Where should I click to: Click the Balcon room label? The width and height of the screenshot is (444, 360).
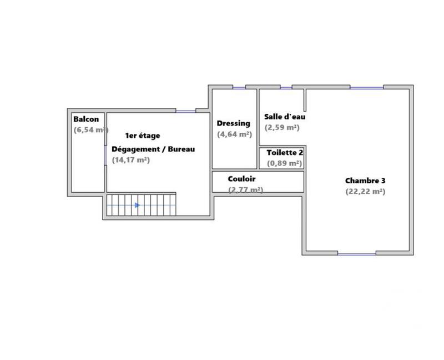click(x=86, y=119)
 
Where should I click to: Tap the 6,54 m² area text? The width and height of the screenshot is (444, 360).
click(x=90, y=130)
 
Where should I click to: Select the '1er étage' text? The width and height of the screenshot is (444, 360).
click(x=143, y=136)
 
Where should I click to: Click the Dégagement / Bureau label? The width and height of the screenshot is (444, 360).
click(x=153, y=149)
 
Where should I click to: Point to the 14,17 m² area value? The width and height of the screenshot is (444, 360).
click(x=131, y=160)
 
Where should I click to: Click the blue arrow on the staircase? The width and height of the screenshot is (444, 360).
click(x=138, y=205)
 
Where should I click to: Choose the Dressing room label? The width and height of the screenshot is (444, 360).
click(x=234, y=123)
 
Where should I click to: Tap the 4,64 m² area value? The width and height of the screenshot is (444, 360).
click(x=235, y=134)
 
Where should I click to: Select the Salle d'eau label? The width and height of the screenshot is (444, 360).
click(x=285, y=117)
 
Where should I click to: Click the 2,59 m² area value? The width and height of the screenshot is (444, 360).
click(x=282, y=127)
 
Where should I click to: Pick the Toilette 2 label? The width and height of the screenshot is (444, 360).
click(x=285, y=153)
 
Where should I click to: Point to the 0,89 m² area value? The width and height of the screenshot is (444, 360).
click(x=285, y=163)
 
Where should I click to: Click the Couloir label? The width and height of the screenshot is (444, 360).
click(x=241, y=179)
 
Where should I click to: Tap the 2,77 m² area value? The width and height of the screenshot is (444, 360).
click(x=246, y=189)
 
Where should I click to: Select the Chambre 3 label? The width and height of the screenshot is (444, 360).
click(x=365, y=181)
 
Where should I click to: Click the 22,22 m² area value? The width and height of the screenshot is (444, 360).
click(x=365, y=192)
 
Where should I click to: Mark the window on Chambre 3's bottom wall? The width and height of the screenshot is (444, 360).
click(x=356, y=253)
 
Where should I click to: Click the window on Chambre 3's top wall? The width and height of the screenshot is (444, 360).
click(x=366, y=87)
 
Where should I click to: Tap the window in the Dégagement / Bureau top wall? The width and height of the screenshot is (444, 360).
click(x=186, y=111)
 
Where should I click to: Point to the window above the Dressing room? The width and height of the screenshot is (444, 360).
click(x=239, y=87)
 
